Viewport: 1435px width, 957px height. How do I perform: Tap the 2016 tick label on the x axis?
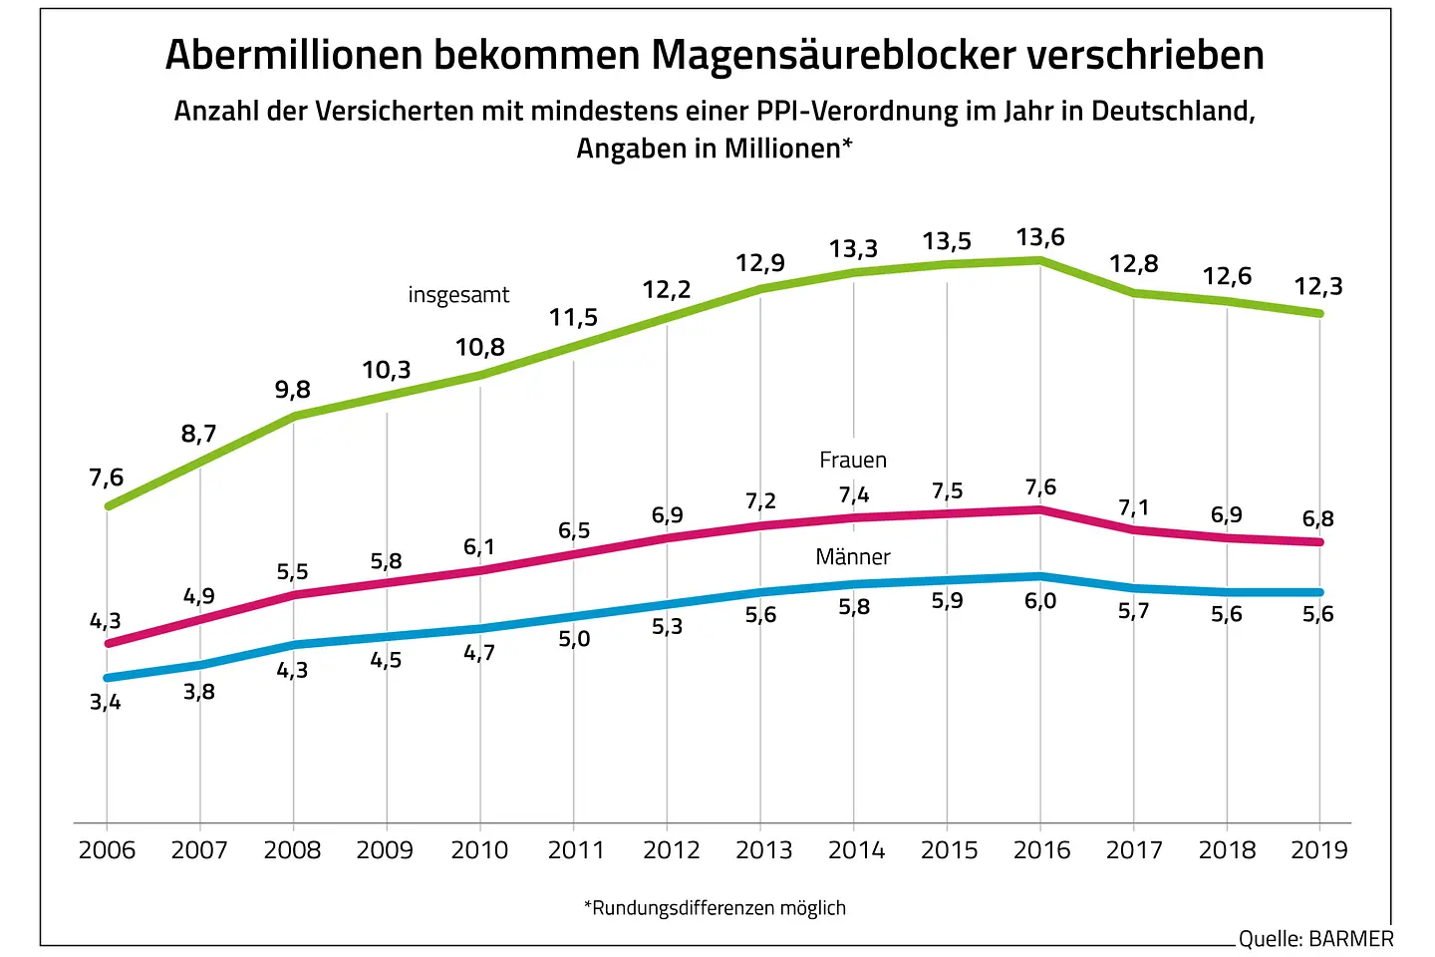pos(1041,850)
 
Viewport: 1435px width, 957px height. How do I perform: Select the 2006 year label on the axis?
pos(107,850)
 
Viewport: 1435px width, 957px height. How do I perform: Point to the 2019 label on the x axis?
pos(1318,850)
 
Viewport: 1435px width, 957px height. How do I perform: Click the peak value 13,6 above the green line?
pos(1040,238)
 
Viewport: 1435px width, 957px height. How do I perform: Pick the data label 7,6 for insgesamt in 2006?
pos(107,478)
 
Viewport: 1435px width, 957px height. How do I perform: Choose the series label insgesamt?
pos(458,295)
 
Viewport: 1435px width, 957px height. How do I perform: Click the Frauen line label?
pos(853,460)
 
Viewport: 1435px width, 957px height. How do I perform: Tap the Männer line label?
pos(853,556)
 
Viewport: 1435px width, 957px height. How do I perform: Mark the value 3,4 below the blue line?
pos(106,702)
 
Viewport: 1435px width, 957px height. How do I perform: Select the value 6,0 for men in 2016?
pos(1040,601)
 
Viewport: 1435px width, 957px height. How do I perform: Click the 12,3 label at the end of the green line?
pos(1318,287)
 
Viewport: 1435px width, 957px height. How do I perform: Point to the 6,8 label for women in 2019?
pos(1318,518)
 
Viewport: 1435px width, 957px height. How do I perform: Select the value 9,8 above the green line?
pos(293,390)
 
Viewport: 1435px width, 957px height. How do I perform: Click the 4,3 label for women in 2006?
pos(106,621)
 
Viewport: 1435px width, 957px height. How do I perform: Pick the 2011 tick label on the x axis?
pos(576,850)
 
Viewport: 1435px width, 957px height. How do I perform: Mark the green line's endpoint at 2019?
pos(1319,313)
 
